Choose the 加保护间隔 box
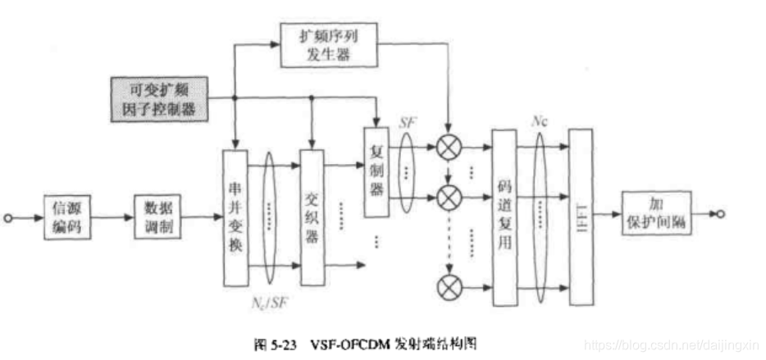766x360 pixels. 655,214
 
